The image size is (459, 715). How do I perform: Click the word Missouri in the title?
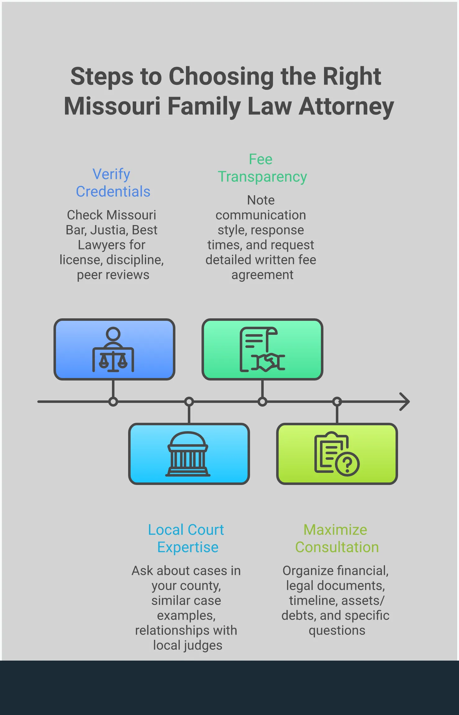click(112, 106)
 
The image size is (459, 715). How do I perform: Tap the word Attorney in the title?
click(346, 106)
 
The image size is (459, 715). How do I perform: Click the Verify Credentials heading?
click(113, 183)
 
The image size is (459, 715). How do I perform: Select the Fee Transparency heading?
click(262, 168)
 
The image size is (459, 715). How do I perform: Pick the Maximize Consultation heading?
click(336, 538)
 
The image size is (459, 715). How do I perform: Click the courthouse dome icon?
click(188, 454)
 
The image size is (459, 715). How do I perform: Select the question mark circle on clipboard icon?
click(347, 464)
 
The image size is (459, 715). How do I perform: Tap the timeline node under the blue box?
click(113, 402)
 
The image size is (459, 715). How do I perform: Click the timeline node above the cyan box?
click(189, 402)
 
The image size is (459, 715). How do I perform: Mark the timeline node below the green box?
click(262, 402)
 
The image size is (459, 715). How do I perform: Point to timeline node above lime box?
click(337, 402)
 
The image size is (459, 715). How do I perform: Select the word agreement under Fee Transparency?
click(262, 275)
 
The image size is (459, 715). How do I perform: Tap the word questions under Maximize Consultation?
click(337, 631)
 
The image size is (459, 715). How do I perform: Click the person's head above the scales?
click(113, 334)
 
